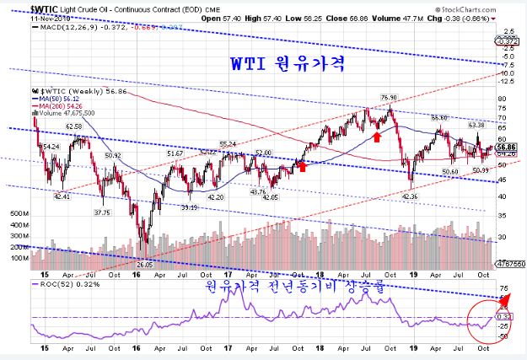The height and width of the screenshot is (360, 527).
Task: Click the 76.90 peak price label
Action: (389, 97)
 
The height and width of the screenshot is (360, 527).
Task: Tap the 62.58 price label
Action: (73, 126)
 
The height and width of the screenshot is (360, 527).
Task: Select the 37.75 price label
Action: (101, 212)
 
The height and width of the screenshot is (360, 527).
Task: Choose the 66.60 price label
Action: (438, 118)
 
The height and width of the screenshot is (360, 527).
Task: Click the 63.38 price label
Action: (476, 124)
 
